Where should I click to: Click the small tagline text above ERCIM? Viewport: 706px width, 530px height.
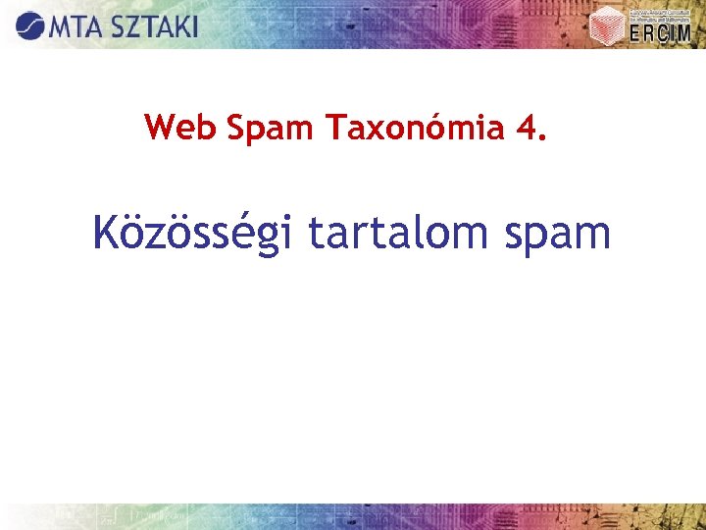(659, 13)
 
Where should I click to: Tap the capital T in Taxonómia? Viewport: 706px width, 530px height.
(332, 127)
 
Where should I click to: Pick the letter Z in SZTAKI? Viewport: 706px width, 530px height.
(131, 26)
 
